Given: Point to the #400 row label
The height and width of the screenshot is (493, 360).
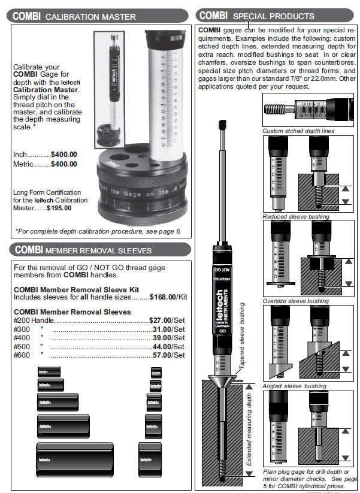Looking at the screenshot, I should tap(21, 338).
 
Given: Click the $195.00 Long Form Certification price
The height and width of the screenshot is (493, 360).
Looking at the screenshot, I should tap(59, 208).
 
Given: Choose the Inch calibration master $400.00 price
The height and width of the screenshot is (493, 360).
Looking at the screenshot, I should tap(63, 154).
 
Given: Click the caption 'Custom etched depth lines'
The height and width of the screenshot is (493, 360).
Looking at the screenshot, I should tap(298, 131).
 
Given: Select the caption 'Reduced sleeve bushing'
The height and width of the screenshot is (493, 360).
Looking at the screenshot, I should tap(296, 216).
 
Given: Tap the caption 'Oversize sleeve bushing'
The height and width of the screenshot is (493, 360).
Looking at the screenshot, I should tap(295, 301).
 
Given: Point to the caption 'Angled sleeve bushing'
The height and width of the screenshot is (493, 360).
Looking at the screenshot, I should tap(294, 386).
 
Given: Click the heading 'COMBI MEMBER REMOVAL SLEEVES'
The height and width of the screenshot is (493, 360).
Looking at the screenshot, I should tap(83, 250).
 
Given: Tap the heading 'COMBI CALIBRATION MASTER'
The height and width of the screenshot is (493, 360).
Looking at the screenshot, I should tap(75, 16).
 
